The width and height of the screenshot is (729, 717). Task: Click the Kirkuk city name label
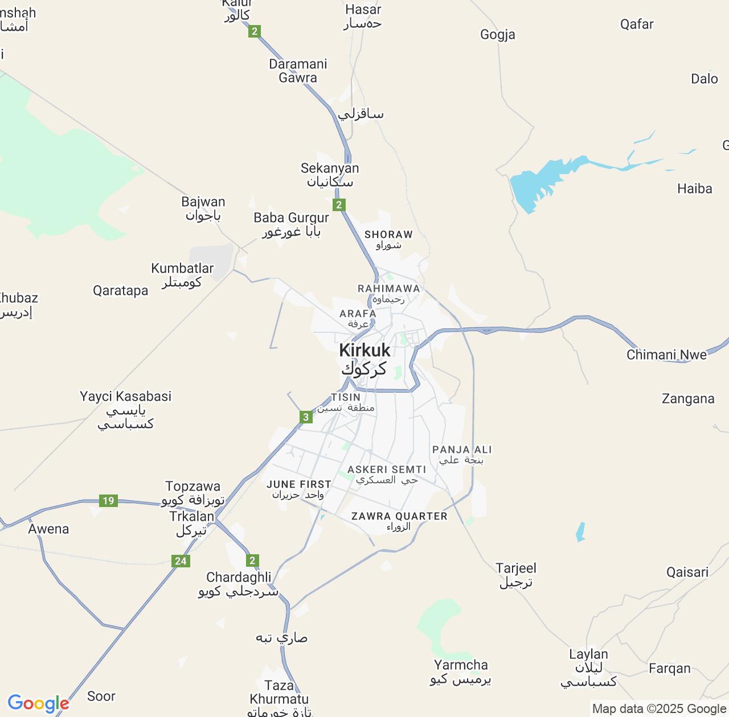[x=364, y=358]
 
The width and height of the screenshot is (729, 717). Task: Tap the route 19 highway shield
[x=108, y=501]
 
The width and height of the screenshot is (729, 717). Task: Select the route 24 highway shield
[x=181, y=561]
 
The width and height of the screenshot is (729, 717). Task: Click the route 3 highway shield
[x=306, y=418]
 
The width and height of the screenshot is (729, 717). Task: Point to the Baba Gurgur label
[x=291, y=224]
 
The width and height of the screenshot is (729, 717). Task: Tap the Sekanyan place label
[x=330, y=175]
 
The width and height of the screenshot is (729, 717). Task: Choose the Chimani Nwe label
[x=666, y=355]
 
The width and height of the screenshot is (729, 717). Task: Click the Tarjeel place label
[x=516, y=575]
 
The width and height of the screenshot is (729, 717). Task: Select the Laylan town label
[x=588, y=667]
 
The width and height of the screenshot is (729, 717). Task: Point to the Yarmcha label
[x=461, y=671]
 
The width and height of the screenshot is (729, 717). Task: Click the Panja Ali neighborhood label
[x=461, y=454]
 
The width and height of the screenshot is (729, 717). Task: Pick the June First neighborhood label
[x=298, y=489]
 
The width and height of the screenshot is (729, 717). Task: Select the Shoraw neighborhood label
[x=388, y=239]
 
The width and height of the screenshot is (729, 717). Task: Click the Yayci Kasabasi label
[x=125, y=410]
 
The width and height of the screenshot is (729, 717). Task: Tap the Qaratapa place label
[x=121, y=291]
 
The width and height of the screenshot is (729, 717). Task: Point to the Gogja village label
[x=498, y=35]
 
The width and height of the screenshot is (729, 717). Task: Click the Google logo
[x=38, y=703]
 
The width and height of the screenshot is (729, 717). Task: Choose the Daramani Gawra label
[x=298, y=71]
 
